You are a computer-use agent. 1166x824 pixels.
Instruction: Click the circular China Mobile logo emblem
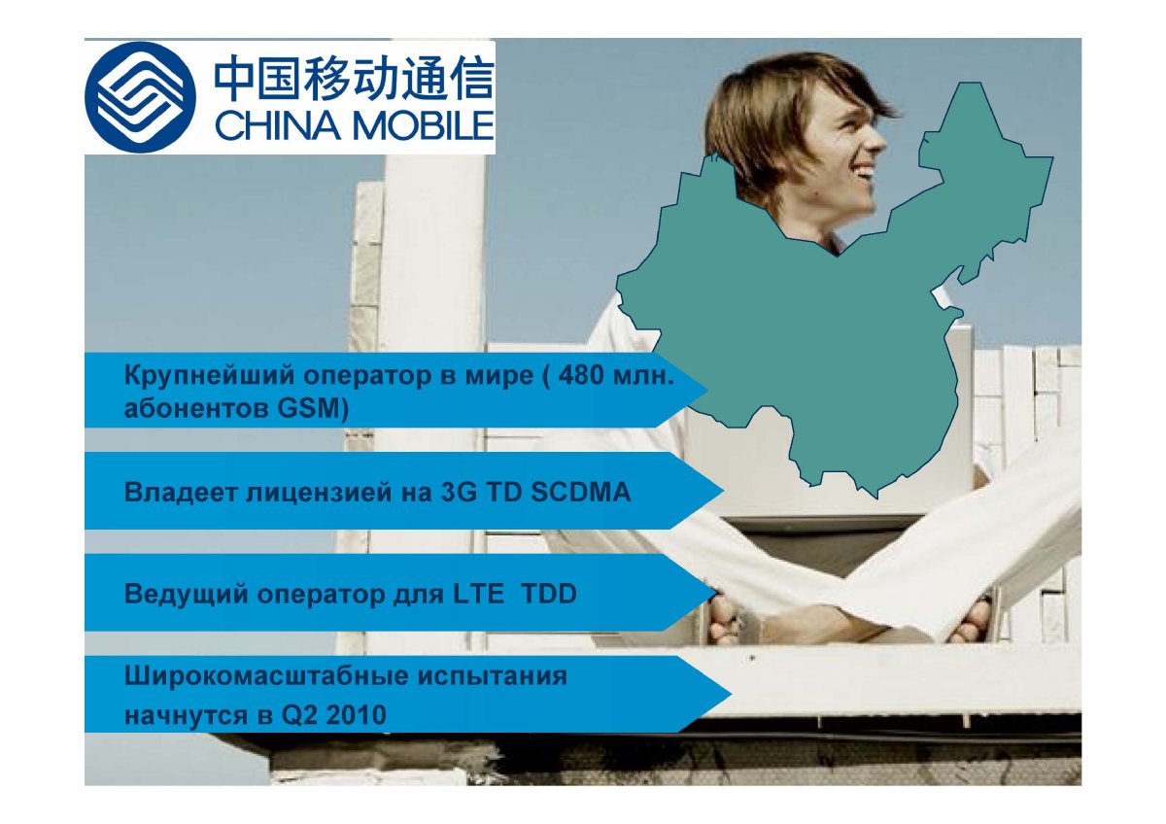140,97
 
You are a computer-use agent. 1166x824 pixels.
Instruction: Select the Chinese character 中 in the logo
235,79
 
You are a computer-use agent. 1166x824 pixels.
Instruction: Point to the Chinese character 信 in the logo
470,79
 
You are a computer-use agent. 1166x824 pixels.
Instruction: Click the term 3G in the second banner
459,492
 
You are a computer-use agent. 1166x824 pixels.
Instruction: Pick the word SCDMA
581,492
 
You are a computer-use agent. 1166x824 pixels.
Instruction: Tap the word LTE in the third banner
478,594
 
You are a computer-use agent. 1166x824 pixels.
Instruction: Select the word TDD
549,594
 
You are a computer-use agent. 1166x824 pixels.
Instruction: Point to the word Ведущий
187,595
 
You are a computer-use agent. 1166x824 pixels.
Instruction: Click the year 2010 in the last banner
357,715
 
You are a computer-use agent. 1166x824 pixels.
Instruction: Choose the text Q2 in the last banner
299,715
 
